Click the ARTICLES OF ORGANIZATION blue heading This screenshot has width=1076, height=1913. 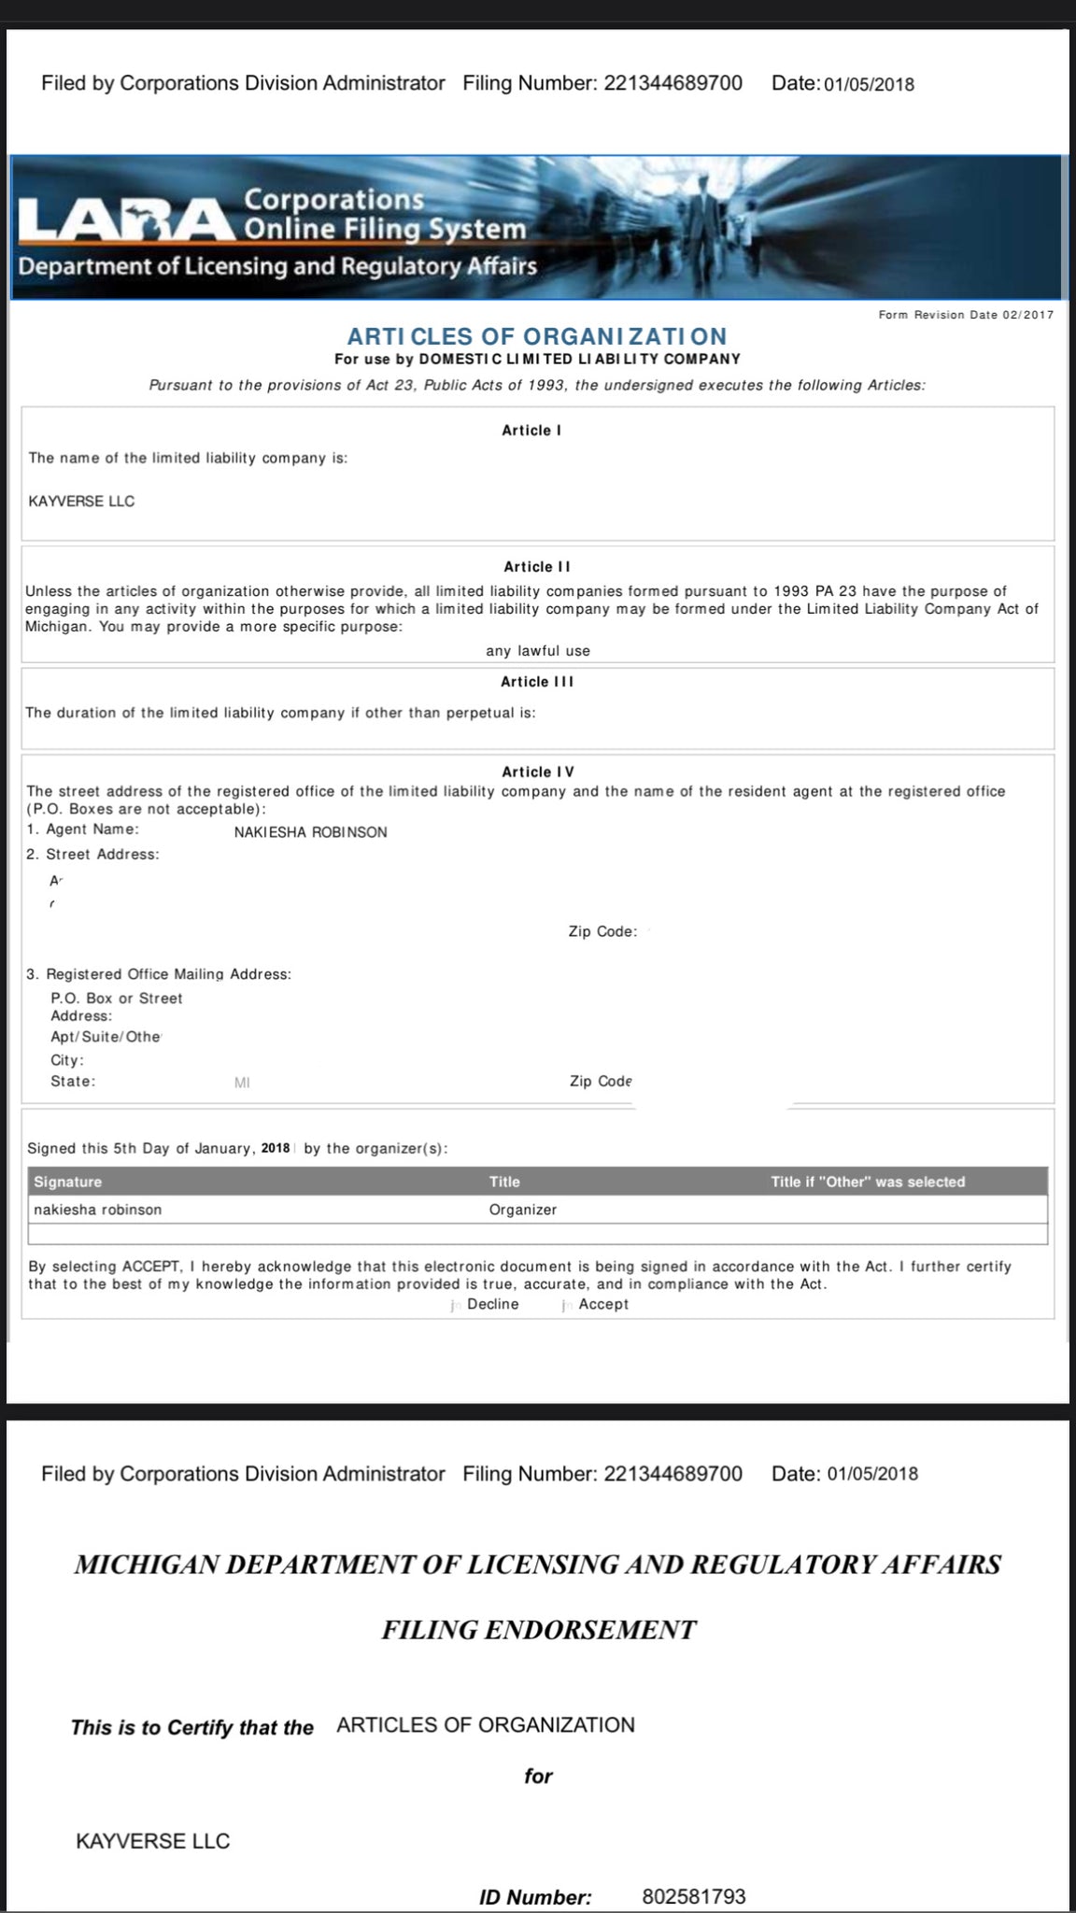tap(537, 336)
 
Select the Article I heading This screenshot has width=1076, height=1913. tap(531, 431)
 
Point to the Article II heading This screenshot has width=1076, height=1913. tap(537, 567)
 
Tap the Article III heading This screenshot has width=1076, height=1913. tap(537, 682)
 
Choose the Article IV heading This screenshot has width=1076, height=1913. tap(538, 772)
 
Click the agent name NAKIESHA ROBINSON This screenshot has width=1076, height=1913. tap(310, 832)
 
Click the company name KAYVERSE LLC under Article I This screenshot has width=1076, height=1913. tap(82, 502)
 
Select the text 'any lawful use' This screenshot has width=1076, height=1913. tap(538, 651)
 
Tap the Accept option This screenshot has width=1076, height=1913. tap(602, 1304)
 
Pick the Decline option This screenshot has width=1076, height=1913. tap(492, 1304)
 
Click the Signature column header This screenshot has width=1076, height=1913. tap(68, 1182)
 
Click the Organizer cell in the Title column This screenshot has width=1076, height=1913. tap(523, 1210)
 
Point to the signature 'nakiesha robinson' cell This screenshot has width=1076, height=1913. tap(98, 1210)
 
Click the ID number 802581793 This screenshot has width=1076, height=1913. tap(694, 1896)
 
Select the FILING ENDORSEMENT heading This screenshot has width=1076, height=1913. tap(538, 1630)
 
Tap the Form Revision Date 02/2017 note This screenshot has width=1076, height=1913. tap(966, 315)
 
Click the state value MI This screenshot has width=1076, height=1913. tap(242, 1083)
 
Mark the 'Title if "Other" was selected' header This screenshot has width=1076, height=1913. tap(868, 1182)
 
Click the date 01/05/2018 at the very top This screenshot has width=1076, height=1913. tap(869, 84)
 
